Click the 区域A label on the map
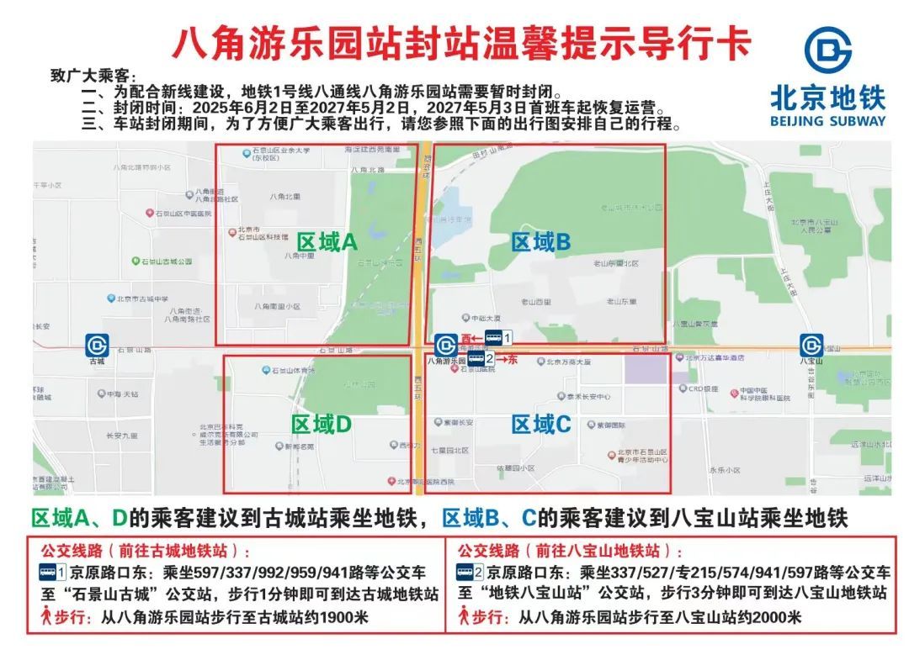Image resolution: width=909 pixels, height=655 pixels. point(327,242)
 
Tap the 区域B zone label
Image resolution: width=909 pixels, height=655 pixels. point(541,242)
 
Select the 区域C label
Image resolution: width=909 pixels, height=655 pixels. point(541,425)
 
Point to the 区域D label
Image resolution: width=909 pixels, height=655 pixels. point(321,425)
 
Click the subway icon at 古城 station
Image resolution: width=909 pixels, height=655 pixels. point(97,345)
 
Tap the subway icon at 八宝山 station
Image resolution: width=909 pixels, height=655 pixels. point(811,345)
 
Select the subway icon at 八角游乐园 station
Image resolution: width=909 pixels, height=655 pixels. point(445,345)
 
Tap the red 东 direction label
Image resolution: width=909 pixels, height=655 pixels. point(512,359)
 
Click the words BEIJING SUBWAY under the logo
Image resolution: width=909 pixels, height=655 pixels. point(827,120)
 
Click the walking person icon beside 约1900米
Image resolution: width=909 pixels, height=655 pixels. point(47,616)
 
